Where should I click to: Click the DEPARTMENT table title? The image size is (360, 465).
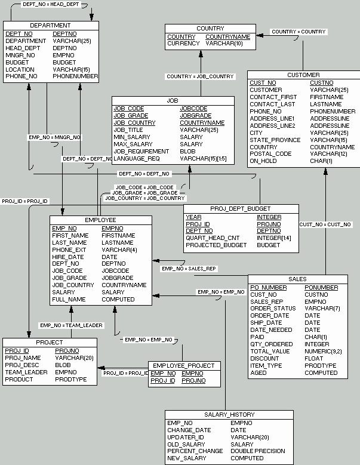(x=50, y=26)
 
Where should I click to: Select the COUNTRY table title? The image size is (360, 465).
(x=210, y=28)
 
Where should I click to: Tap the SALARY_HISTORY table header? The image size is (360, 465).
(x=229, y=414)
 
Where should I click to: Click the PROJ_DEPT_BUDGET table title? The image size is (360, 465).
(x=241, y=208)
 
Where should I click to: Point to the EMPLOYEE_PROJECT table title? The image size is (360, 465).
(x=184, y=365)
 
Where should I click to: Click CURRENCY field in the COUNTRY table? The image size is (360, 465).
(x=183, y=44)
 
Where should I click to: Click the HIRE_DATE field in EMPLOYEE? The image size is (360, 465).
(x=67, y=257)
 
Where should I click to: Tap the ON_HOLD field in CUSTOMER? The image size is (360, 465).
(x=263, y=161)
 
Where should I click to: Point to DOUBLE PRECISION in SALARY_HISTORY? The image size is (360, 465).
(x=257, y=451)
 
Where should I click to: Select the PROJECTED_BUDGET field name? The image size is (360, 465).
(x=216, y=245)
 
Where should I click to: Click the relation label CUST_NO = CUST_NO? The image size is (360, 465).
(x=325, y=224)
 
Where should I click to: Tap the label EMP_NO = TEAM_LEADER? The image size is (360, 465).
(x=71, y=325)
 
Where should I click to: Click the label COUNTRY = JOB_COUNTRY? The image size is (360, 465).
(x=200, y=76)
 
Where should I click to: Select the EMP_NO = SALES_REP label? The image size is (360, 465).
(x=189, y=269)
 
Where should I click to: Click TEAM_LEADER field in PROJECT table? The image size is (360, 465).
(x=26, y=372)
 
